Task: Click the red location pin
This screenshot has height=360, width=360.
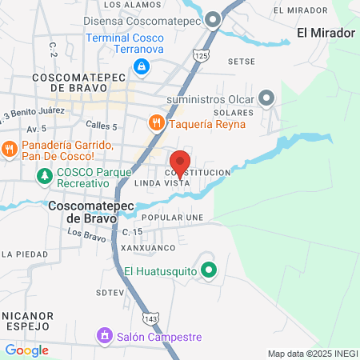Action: point(180,162)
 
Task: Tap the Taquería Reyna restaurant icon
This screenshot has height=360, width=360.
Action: point(155,122)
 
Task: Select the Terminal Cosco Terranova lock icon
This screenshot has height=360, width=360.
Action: point(142,66)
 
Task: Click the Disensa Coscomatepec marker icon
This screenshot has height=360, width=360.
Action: point(212,19)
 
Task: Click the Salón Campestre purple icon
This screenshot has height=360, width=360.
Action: point(103,337)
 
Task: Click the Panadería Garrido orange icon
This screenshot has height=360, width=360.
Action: point(10,147)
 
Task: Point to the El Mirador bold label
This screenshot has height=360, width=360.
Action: point(325,33)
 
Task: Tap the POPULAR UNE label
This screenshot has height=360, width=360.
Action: point(172,218)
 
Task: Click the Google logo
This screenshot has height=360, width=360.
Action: point(26,350)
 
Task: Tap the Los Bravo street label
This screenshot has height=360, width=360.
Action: point(85,234)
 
